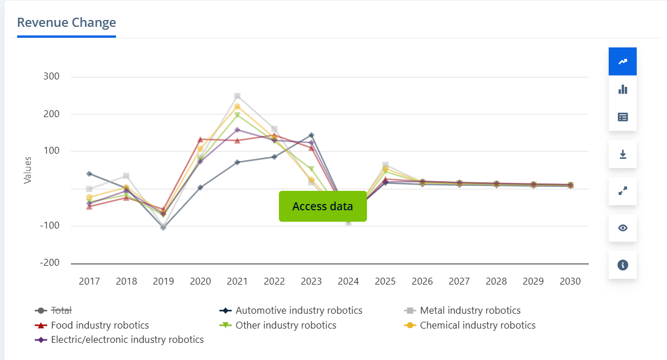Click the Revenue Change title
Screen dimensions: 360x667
coord(66,23)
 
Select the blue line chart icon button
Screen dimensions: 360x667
coord(622,62)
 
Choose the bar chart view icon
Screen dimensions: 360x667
coord(622,89)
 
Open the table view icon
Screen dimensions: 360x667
coord(622,117)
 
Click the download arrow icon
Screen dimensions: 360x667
coord(622,154)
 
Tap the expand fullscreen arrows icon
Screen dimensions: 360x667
coord(622,191)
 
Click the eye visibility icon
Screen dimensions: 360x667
coord(622,228)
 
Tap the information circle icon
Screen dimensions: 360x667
coord(622,265)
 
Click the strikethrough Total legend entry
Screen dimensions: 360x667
coord(61,310)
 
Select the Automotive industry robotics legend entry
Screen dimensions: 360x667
coord(298,310)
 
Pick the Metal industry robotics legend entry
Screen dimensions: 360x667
coord(470,310)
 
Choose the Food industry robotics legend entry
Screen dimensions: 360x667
coord(99,325)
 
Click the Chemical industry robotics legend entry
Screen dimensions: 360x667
coord(477,325)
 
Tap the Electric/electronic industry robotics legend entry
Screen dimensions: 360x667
coord(127,339)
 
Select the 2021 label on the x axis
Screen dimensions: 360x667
coord(237,281)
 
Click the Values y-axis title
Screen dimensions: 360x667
coord(27,170)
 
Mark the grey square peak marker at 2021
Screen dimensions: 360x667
coord(237,96)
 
